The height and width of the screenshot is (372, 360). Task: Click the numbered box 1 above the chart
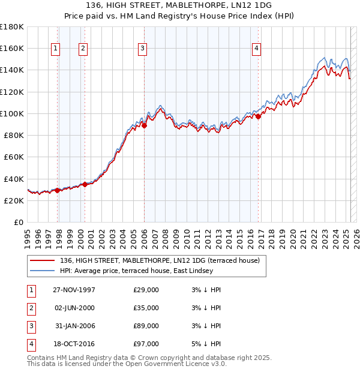pyautogui.click(x=55, y=49)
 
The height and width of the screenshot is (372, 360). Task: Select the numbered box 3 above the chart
pyautogui.click(x=142, y=49)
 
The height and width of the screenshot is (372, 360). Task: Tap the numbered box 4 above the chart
pyautogui.click(x=256, y=49)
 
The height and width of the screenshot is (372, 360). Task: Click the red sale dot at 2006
pyautogui.click(x=145, y=125)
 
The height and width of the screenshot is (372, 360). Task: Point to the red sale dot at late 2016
pyautogui.click(x=259, y=117)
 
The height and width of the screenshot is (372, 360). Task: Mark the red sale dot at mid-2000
pyautogui.click(x=85, y=184)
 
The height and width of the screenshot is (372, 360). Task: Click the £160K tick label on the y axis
pyautogui.click(x=12, y=48)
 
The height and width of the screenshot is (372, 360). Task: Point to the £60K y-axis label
pyautogui.click(x=14, y=157)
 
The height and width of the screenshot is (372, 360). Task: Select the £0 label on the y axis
pyautogui.click(x=18, y=223)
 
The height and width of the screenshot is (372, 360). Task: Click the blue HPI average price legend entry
pyautogui.click(x=136, y=271)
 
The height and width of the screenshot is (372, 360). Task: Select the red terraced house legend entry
pyautogui.click(x=160, y=260)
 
